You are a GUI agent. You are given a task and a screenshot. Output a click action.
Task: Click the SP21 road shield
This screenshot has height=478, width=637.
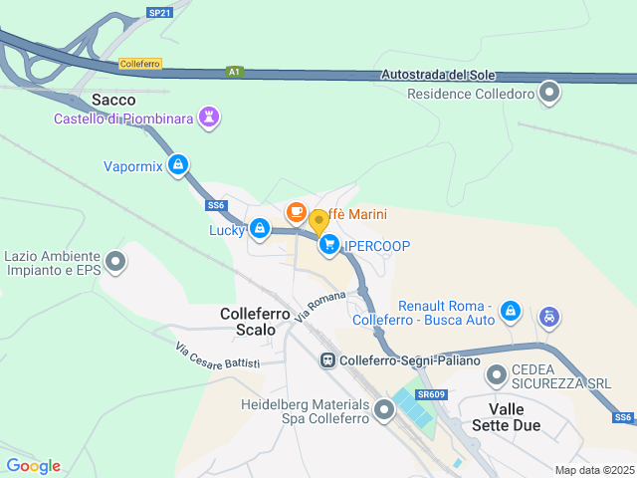pyautogui.click(x=159, y=12)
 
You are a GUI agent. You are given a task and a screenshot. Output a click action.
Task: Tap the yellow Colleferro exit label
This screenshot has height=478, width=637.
pyautogui.click(x=140, y=64)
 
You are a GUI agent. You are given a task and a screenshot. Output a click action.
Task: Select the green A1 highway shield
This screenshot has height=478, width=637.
pyautogui.click(x=234, y=72)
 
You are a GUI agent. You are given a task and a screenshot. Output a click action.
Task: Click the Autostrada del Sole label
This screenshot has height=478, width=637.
pyautogui.click(x=439, y=76)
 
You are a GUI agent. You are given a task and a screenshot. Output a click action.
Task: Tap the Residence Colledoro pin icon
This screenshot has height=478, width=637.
pyautogui.click(x=549, y=95)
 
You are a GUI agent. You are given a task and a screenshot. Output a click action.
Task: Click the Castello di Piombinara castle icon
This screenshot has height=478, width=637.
pyautogui.click(x=208, y=119)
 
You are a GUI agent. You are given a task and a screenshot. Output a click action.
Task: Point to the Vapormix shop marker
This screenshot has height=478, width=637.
pyautogui.click(x=177, y=165)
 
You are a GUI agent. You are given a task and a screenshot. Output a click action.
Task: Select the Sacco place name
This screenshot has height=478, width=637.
pyautogui.click(x=113, y=100)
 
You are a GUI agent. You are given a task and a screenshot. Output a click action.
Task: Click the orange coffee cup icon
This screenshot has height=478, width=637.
pyautogui.click(x=296, y=212)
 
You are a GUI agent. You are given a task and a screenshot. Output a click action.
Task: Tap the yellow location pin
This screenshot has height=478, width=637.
pyautogui.click(x=319, y=222)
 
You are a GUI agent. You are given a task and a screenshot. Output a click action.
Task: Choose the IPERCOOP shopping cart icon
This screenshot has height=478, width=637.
pyautogui.click(x=329, y=245)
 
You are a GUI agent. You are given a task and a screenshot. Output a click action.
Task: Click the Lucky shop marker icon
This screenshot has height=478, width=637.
pyautogui.click(x=260, y=230)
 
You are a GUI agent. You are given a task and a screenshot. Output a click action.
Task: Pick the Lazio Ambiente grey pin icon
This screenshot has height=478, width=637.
pyautogui.click(x=116, y=262)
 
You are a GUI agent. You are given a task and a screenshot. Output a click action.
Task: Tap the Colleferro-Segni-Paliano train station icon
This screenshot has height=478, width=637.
pyautogui.click(x=327, y=360)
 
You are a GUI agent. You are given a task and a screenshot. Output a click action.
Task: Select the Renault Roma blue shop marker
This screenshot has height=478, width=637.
pyautogui.click(x=511, y=312)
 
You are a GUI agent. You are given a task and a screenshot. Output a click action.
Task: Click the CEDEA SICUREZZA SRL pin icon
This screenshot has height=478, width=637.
pyautogui.click(x=497, y=375)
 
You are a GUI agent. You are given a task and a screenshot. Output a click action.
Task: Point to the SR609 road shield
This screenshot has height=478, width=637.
pyautogui.click(x=430, y=395)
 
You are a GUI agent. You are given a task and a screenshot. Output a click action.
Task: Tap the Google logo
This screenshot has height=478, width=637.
pyautogui.click(x=33, y=465)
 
